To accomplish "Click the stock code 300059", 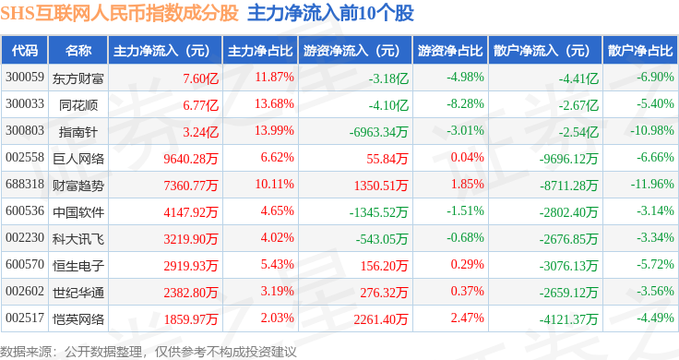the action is click(x=25, y=78).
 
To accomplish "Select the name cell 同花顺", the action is click(x=78, y=105).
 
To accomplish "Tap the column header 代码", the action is click(x=25, y=51).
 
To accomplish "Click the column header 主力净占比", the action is click(x=260, y=51).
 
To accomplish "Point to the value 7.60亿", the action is click(x=200, y=78).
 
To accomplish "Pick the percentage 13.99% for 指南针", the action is click(x=275, y=130).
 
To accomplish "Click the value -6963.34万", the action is click(x=379, y=132).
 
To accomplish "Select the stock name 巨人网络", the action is click(x=78, y=159).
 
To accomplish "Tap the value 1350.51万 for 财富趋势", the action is click(x=381, y=186).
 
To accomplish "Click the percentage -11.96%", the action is click(x=652, y=184).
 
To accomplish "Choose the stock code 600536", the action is click(x=25, y=211).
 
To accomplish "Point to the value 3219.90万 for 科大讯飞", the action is click(x=191, y=239).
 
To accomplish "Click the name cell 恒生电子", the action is click(x=78, y=266).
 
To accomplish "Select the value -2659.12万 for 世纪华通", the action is click(x=568, y=293).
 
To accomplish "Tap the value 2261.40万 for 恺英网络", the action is click(x=381, y=319).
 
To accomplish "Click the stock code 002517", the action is click(x=25, y=318).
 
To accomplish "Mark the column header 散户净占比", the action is click(x=640, y=51).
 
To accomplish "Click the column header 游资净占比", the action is click(x=450, y=51).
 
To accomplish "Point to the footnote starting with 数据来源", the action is click(x=149, y=352).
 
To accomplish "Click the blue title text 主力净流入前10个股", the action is click(x=330, y=13).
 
